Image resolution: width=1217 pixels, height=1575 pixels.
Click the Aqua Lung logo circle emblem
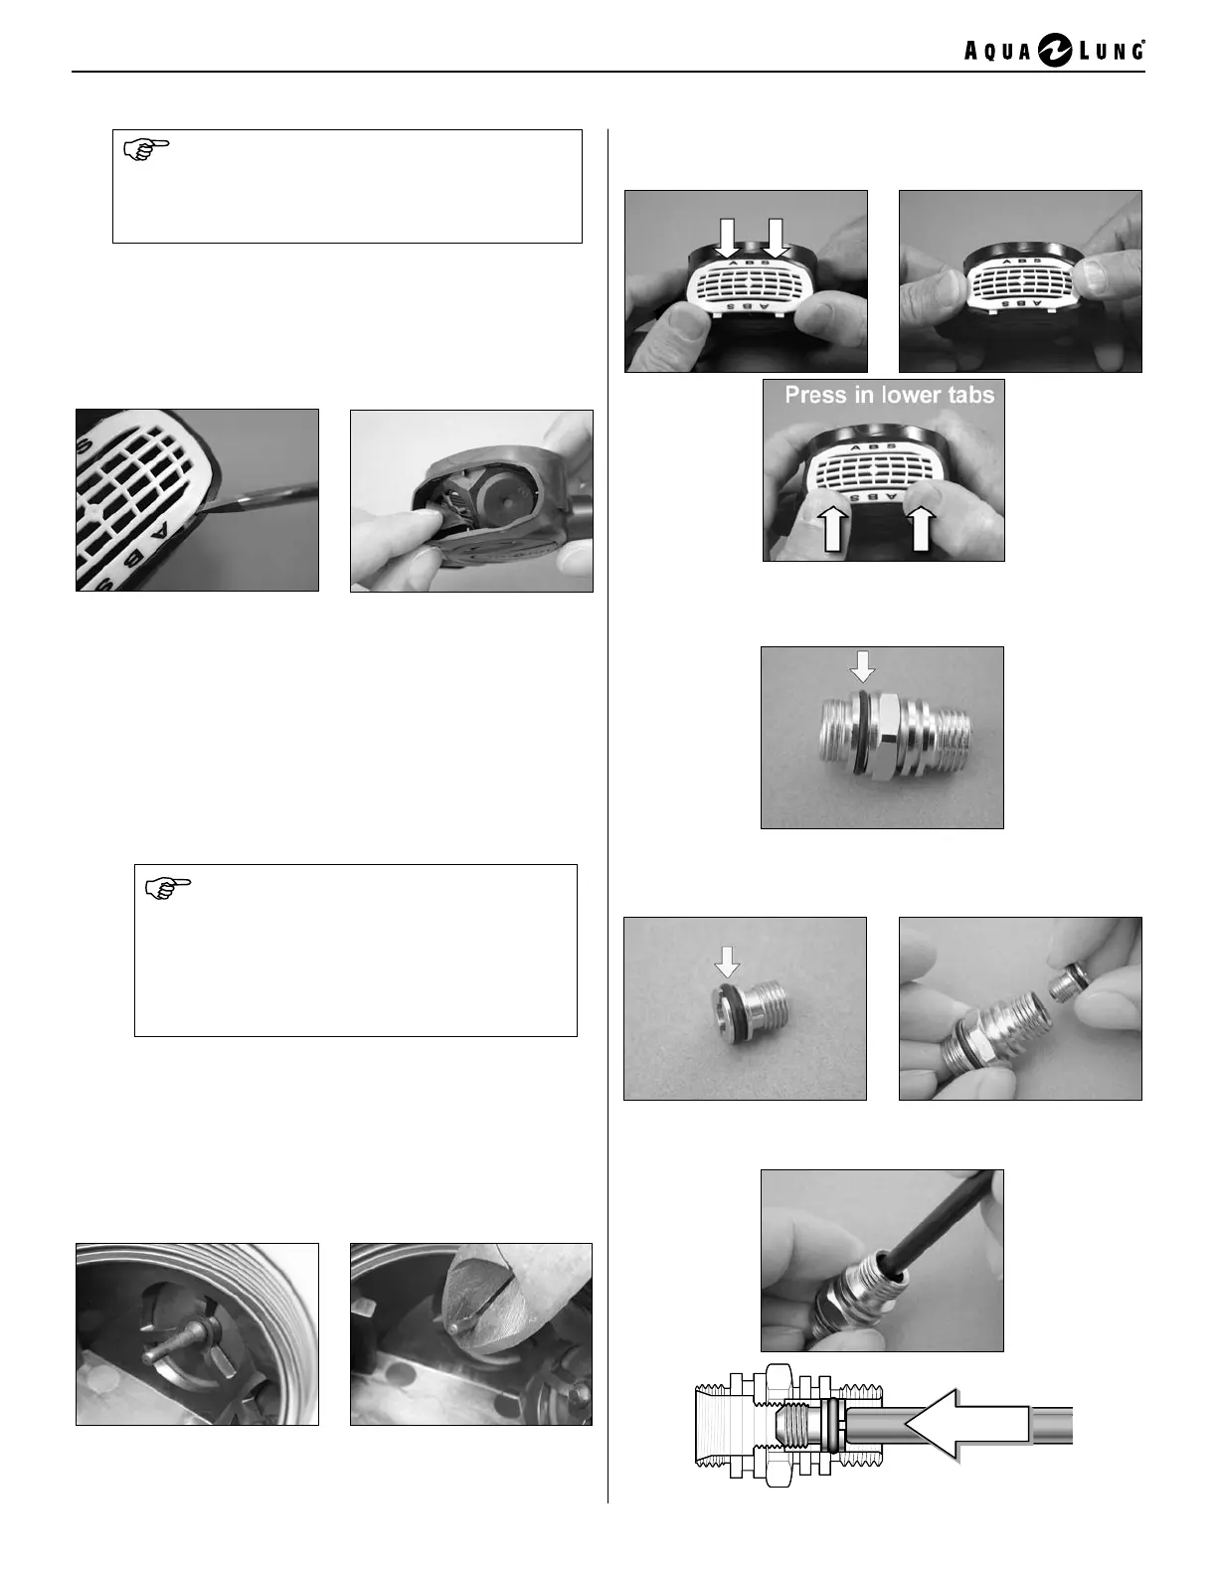pos(1055,52)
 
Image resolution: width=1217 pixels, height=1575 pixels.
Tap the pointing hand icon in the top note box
pos(146,148)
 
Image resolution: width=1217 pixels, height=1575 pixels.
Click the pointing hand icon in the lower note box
pos(167,888)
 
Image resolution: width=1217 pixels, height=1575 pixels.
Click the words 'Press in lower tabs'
pos(889,395)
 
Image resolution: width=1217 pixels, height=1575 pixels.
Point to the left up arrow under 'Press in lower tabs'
pos(837,528)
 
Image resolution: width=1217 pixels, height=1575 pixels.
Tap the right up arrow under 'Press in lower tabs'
pos(921,528)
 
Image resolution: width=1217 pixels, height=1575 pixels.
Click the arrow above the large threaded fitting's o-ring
pos(863,665)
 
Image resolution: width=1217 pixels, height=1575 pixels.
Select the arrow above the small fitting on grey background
pos(727,962)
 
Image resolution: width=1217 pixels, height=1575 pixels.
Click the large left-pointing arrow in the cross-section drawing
pos(966,1424)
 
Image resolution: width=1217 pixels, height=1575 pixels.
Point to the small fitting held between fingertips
pos(1067,985)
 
